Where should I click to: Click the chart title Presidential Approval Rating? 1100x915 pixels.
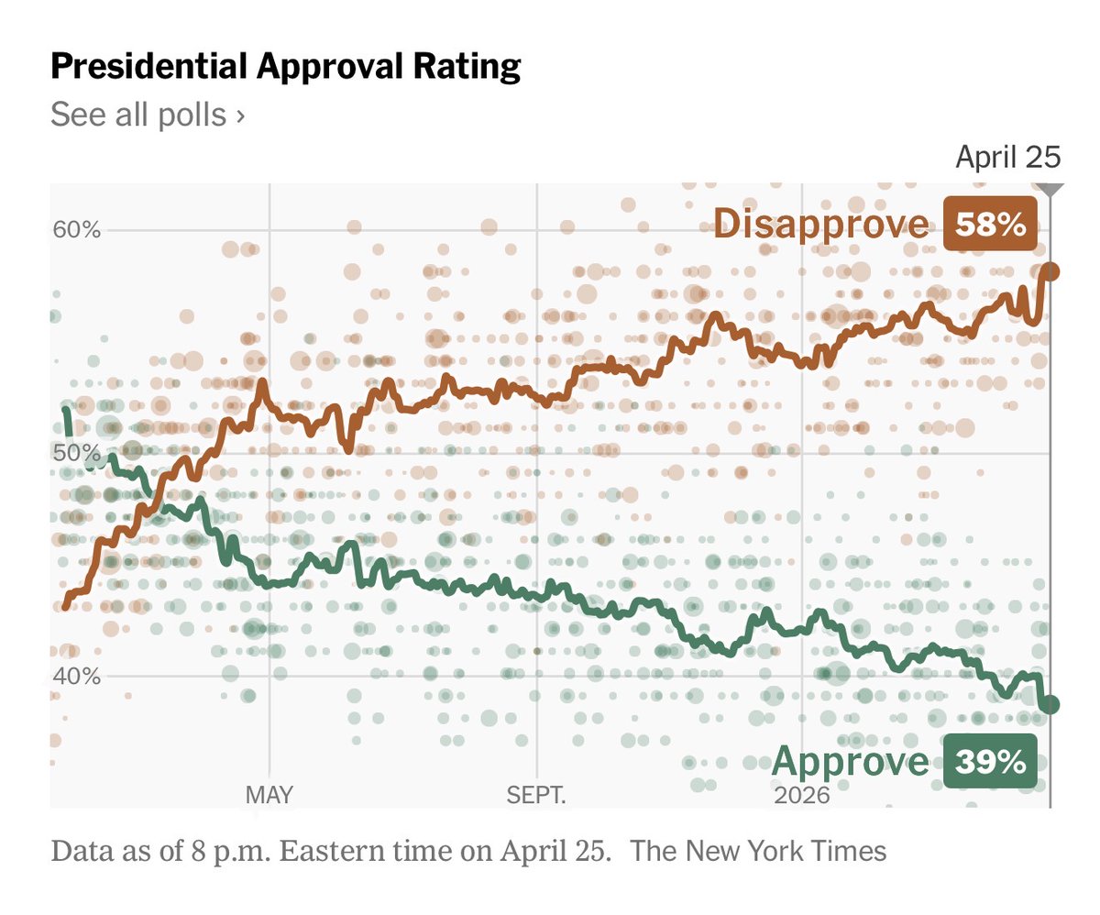[x=285, y=68]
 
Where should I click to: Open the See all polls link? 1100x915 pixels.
[x=147, y=116]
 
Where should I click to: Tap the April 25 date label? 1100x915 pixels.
[x=1007, y=158]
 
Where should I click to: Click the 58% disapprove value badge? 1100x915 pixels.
[x=990, y=225]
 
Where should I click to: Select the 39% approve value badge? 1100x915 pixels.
[x=990, y=762]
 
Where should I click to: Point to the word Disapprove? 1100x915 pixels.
[x=820, y=225]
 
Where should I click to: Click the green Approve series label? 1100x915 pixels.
[x=851, y=762]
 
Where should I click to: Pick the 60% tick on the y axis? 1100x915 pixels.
[x=76, y=229]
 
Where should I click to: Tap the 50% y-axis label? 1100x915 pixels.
[x=76, y=454]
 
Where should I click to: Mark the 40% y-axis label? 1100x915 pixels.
[x=76, y=677]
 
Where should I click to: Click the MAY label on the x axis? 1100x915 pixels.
[x=269, y=795]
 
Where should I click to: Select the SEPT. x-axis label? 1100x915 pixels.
[x=536, y=795]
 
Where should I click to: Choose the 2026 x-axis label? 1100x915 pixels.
[x=801, y=795]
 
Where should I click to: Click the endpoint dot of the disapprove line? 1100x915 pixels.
[x=1050, y=271]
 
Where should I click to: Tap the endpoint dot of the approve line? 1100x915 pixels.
[x=1050, y=704]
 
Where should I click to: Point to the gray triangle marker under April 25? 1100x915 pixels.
[x=1050, y=189]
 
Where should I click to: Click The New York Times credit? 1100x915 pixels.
[x=760, y=851]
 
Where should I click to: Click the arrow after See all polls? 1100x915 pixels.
[x=240, y=116]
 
